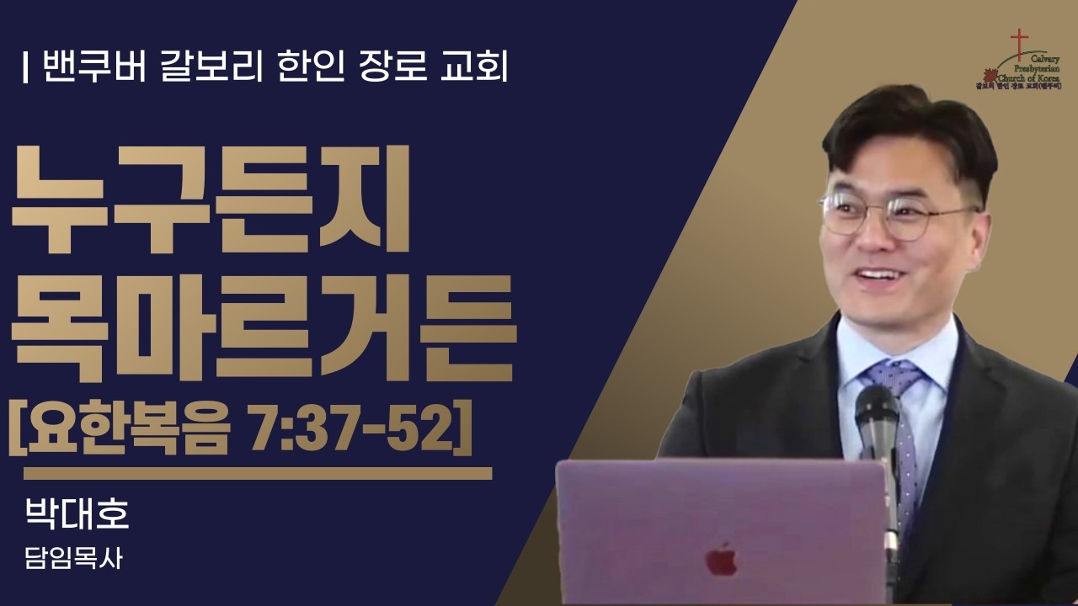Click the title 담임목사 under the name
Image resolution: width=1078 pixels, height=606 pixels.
75,559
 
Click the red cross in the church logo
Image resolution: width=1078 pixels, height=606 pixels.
1020,43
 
